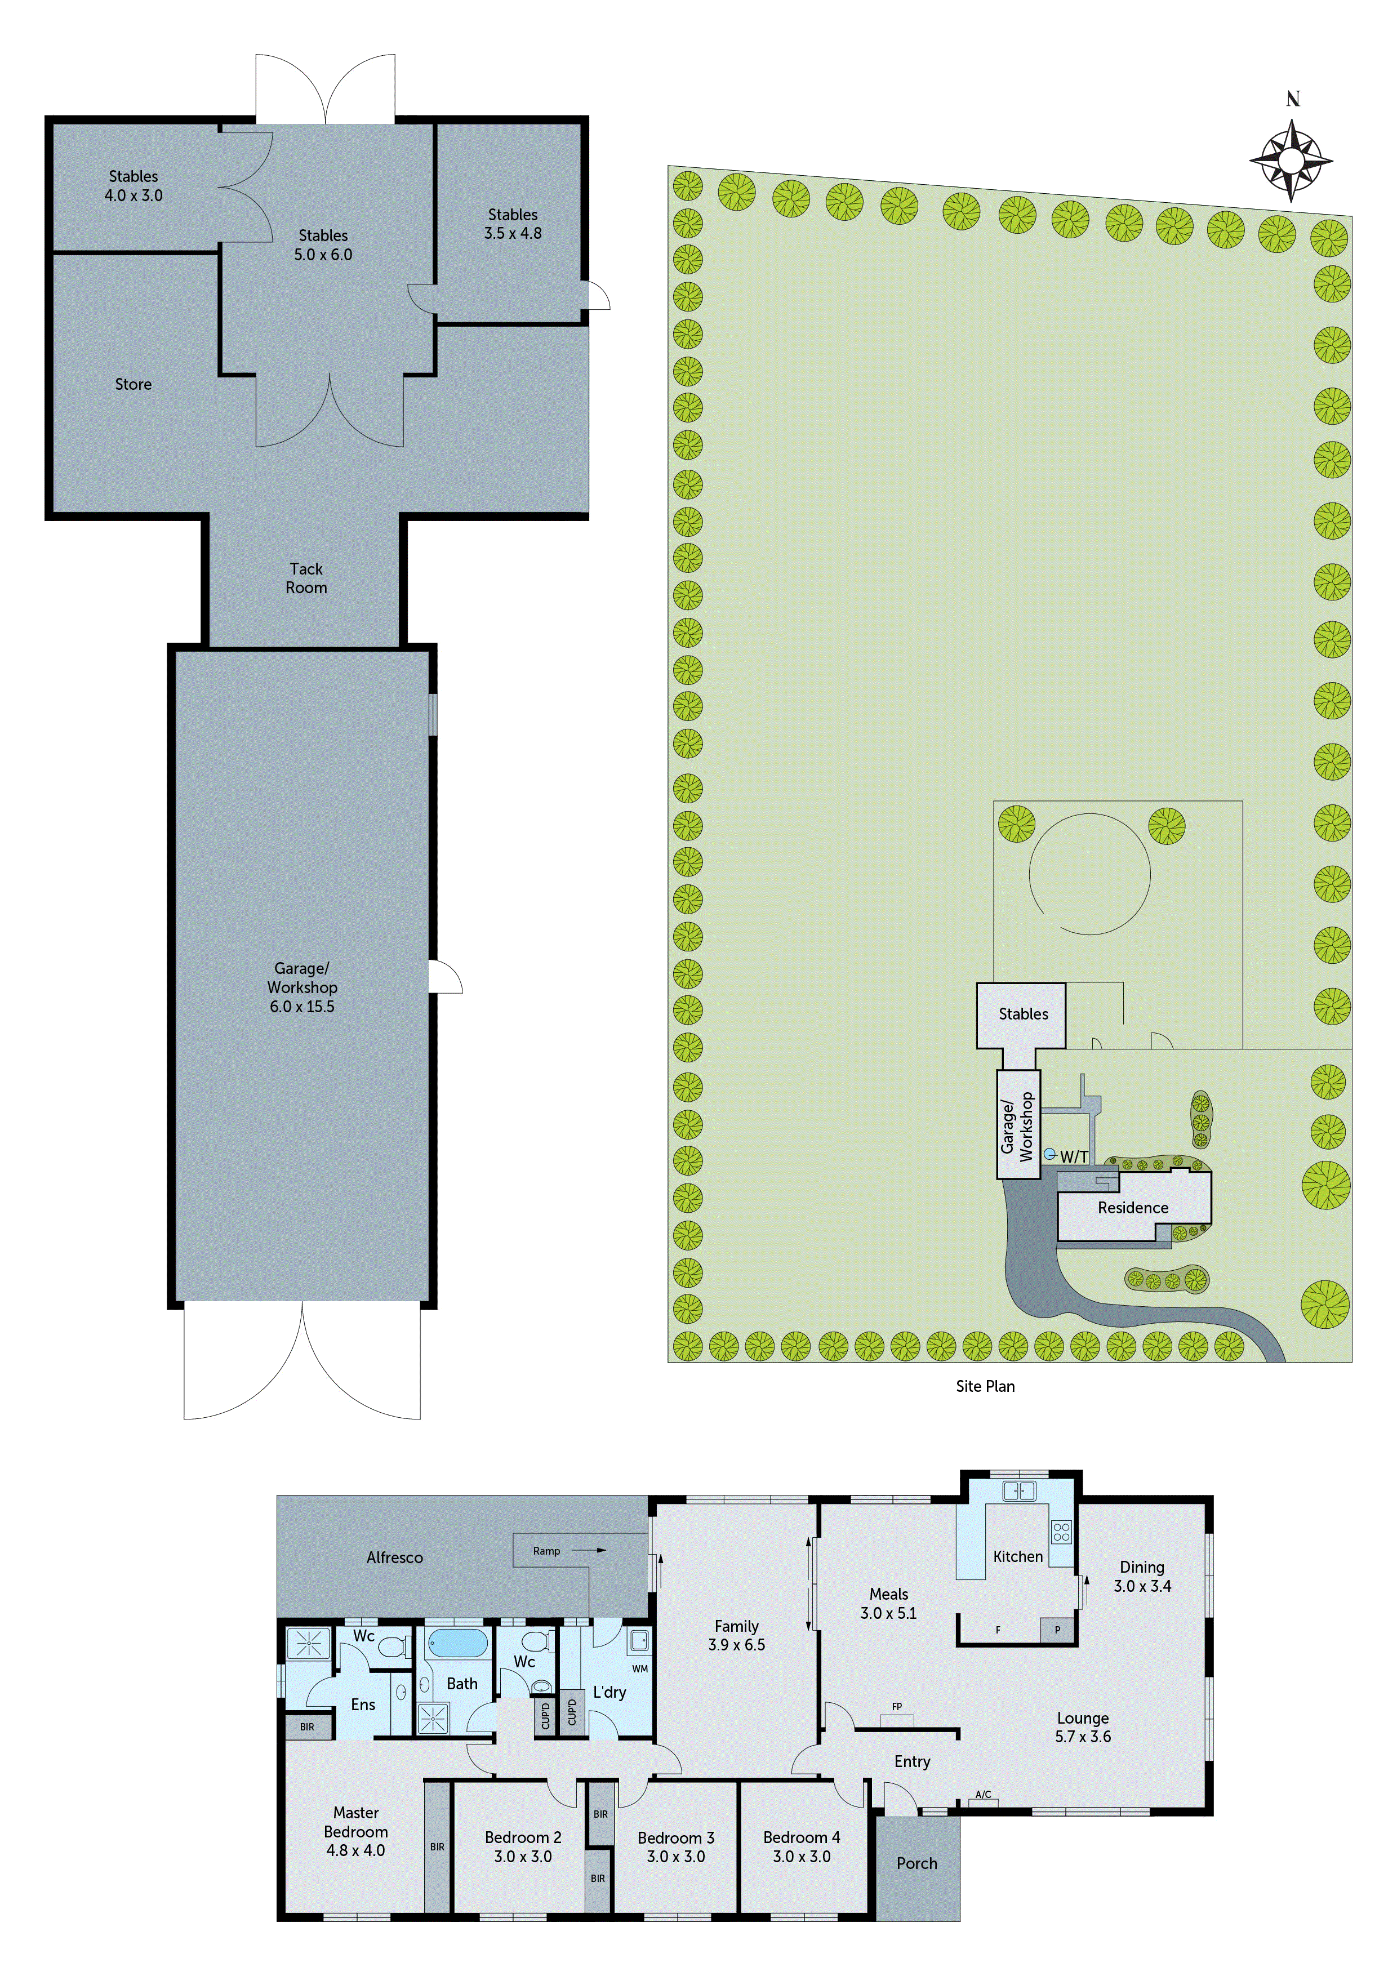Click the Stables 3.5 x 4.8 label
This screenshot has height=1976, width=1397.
(513, 224)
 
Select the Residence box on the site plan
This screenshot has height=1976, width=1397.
(1133, 1208)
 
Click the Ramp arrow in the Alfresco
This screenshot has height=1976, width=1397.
(589, 1550)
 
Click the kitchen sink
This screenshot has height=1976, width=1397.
(1018, 1490)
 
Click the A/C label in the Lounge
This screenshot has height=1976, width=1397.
(983, 1795)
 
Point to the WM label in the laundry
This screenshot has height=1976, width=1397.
(639, 1669)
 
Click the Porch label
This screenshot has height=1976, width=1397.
(916, 1863)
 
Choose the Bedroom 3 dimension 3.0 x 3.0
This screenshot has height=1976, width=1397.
(676, 1857)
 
